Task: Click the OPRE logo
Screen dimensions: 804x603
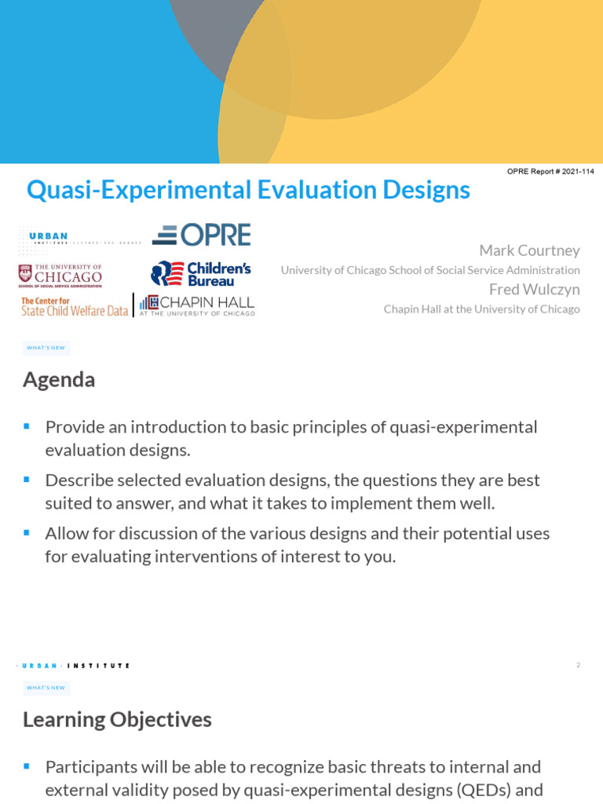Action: click(x=202, y=235)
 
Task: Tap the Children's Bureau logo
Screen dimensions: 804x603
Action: click(x=201, y=273)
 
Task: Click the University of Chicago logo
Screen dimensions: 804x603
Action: click(x=60, y=276)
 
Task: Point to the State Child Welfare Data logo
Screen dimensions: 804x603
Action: click(x=74, y=306)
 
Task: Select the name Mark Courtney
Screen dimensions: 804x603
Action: click(x=529, y=250)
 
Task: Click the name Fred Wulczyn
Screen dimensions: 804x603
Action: click(x=534, y=290)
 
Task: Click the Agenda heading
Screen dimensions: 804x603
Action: click(x=59, y=380)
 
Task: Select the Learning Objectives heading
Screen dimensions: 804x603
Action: click(x=117, y=719)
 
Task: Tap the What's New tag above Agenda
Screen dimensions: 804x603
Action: click(x=46, y=348)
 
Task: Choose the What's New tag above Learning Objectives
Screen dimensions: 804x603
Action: click(x=46, y=688)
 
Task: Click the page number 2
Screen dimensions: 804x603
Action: click(x=578, y=665)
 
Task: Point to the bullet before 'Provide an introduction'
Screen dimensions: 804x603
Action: click(x=27, y=426)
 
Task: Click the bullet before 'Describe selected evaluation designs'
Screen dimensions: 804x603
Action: click(x=27, y=479)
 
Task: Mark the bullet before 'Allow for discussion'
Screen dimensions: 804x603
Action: click(x=27, y=532)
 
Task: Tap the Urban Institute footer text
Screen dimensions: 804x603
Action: click(x=74, y=666)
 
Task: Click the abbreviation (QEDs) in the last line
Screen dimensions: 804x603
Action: click(x=488, y=789)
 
